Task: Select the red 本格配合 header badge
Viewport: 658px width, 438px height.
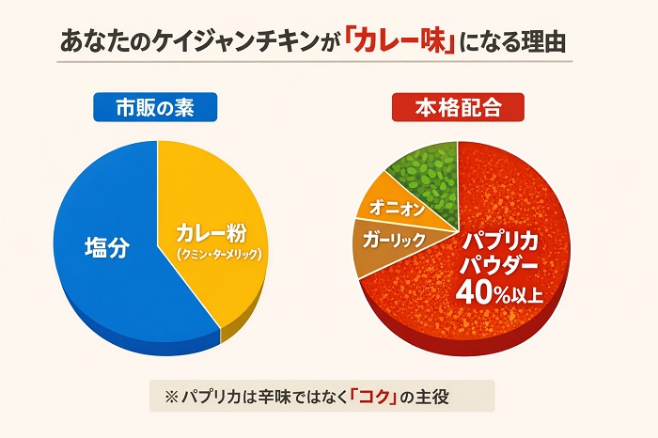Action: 457,108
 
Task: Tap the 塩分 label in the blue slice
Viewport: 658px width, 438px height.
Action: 105,249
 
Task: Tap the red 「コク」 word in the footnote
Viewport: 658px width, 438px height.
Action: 376,396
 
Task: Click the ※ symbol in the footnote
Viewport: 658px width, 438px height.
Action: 171,396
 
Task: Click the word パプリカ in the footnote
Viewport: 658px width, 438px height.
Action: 209,396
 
